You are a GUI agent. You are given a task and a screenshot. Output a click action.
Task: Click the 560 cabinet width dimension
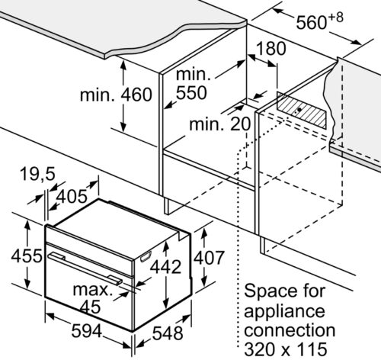point(319,21)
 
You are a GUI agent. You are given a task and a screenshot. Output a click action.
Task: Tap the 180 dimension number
point(271,49)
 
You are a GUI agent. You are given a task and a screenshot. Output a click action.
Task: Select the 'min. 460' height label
point(116,95)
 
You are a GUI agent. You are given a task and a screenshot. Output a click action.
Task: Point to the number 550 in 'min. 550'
point(191,92)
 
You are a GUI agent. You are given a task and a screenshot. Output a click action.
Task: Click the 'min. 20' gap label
point(220,124)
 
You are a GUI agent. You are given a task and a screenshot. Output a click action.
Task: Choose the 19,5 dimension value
point(37,175)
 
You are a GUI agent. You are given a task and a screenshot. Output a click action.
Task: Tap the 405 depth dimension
point(72,196)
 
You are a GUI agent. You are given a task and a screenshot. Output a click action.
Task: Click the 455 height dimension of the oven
point(27,256)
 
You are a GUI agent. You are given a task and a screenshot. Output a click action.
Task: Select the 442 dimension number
point(165,267)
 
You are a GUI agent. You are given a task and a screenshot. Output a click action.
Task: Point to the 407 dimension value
point(209,257)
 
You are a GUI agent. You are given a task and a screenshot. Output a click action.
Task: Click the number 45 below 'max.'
point(91,307)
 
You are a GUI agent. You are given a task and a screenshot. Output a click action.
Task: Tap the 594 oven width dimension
point(87,331)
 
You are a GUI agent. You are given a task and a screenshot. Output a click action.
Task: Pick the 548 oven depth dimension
point(168,333)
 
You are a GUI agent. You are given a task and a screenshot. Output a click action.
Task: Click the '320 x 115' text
point(286,349)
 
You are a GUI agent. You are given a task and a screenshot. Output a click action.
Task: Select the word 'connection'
point(290,329)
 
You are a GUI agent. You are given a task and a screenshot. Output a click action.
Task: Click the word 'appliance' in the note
point(284,312)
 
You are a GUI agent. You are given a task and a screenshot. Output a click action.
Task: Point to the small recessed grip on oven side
point(146,256)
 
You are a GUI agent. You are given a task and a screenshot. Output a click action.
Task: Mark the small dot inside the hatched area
point(299,110)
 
